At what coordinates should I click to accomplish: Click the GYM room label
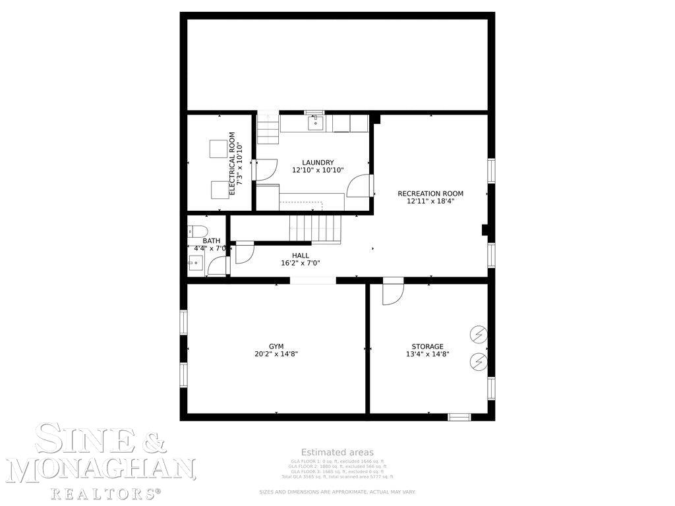(x=276, y=346)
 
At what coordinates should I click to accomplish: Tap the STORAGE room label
(x=427, y=346)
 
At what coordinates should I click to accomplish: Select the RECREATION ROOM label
(x=430, y=194)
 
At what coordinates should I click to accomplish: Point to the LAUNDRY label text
(x=318, y=163)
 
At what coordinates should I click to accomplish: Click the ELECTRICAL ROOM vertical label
(x=232, y=163)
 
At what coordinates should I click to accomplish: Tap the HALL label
(x=301, y=255)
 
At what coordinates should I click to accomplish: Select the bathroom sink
(x=195, y=263)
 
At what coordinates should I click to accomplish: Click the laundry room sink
(x=314, y=122)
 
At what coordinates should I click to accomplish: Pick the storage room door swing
(x=391, y=292)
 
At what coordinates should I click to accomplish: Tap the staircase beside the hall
(x=315, y=228)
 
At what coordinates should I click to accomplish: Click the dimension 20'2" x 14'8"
(x=276, y=354)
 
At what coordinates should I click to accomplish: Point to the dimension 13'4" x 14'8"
(x=427, y=354)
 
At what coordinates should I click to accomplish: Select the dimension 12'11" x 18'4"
(x=430, y=201)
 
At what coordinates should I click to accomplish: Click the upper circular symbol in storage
(x=478, y=335)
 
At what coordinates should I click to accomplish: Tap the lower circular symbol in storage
(x=478, y=361)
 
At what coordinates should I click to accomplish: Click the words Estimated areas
(x=337, y=452)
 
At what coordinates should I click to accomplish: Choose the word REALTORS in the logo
(x=105, y=492)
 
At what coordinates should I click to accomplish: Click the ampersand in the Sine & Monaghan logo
(x=153, y=440)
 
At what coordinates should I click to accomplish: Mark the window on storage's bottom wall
(x=459, y=416)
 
